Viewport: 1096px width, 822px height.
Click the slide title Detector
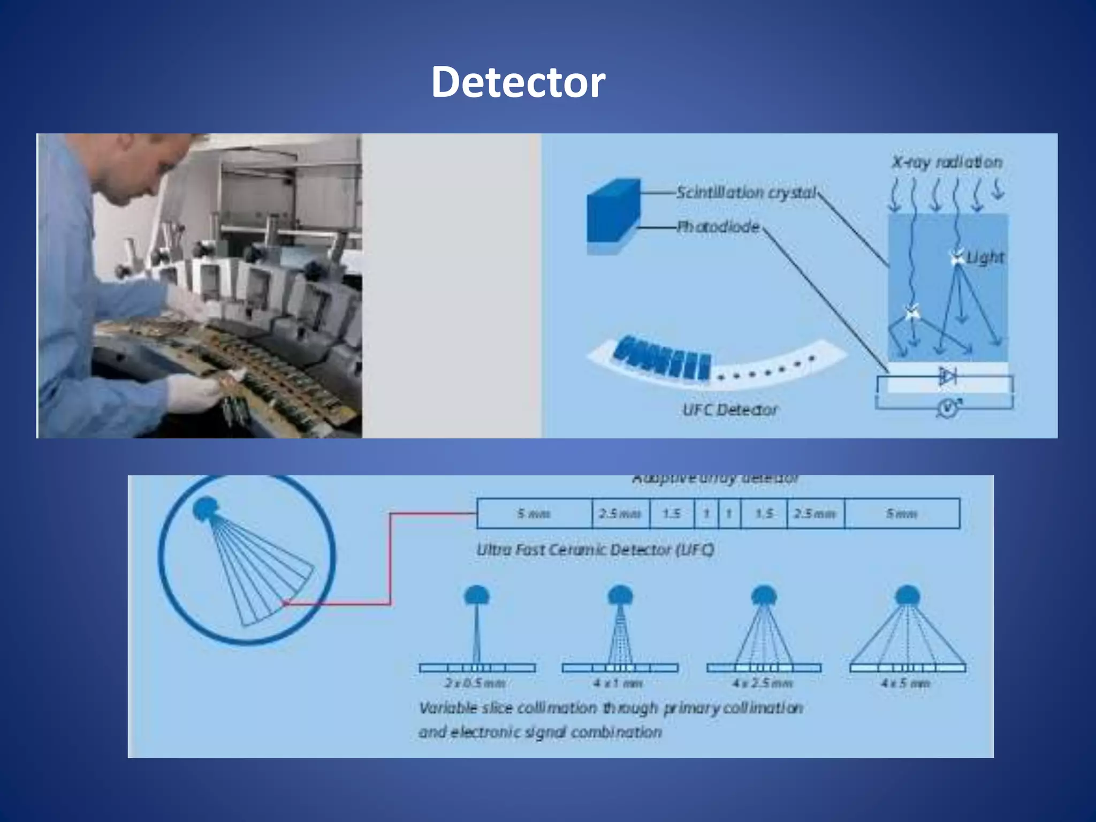coord(518,82)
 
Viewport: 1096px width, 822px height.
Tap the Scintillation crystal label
coord(746,193)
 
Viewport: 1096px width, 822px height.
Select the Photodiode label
coord(718,227)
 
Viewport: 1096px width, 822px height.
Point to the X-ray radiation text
coord(947,162)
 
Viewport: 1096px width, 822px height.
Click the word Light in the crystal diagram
coord(985,258)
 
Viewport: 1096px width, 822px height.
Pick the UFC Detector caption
coord(730,410)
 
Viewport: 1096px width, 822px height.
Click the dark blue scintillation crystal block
coord(613,210)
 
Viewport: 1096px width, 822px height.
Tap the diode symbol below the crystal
coord(947,376)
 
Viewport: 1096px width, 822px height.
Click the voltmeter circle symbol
coord(948,409)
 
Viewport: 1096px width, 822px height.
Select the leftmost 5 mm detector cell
coord(534,514)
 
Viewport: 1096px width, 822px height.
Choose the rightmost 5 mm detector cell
coord(902,514)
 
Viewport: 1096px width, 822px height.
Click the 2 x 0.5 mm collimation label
coord(475,683)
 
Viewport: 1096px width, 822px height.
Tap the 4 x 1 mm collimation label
coord(618,683)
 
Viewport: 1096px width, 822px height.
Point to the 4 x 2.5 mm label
coord(763,683)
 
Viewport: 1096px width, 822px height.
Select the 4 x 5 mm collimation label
coord(905,683)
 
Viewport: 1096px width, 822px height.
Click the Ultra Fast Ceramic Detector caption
coord(595,550)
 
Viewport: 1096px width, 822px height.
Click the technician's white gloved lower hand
coord(195,393)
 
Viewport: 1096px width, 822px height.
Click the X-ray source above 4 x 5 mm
coord(907,595)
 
